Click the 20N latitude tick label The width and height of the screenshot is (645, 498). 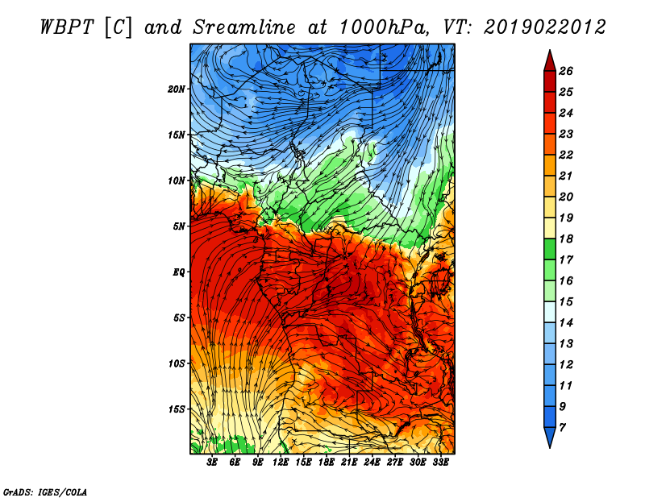coord(176,89)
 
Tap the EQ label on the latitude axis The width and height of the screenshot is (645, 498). coord(179,272)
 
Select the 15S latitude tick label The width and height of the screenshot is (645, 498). coord(176,409)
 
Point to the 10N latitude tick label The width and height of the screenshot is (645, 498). coord(176,181)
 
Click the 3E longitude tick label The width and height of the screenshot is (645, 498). coord(212,463)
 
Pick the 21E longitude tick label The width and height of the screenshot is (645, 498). coord(349,463)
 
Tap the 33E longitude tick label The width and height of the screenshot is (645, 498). coord(440,463)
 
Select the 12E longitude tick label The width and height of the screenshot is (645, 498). coord(281,463)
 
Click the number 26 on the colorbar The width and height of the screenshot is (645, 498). coord(566,71)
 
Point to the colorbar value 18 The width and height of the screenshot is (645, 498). coord(566,239)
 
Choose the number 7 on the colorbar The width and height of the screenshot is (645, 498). coord(562,428)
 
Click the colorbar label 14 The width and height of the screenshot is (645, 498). coord(566,323)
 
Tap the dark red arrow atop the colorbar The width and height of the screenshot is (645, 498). coord(550,61)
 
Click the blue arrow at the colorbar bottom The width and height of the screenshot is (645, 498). coord(550,437)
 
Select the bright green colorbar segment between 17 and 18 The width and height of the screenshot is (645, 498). coord(550,249)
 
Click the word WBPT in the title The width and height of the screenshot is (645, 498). coord(68,27)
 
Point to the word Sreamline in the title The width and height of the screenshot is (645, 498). coord(244,27)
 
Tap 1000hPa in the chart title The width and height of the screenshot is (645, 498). coord(384,27)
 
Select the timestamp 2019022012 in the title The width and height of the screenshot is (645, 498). coord(545,27)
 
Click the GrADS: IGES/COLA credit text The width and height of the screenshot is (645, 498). coord(45,492)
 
